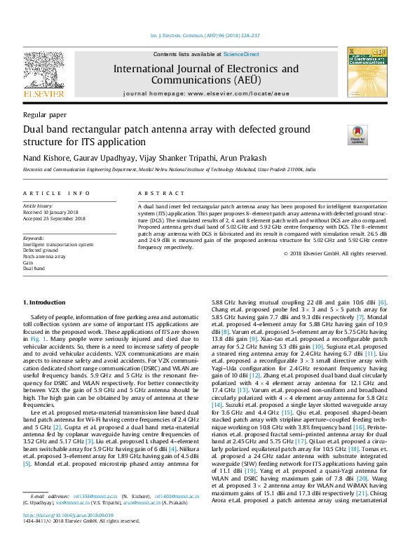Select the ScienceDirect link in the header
[x=241, y=54]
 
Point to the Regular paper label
[x=45, y=114]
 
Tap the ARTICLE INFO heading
[x=57, y=193]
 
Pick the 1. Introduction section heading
[x=46, y=302]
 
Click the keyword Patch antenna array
[x=45, y=257]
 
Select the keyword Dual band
[x=34, y=269]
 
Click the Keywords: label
[x=34, y=239]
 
